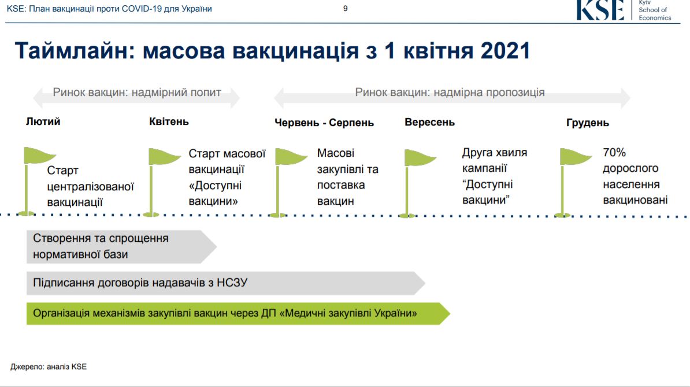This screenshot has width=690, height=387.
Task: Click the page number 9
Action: point(346,8)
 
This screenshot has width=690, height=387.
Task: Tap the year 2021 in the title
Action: point(505,51)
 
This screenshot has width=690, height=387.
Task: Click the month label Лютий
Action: point(43,121)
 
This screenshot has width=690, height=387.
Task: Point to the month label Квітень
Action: point(169,121)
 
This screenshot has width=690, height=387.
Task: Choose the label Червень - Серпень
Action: point(324,123)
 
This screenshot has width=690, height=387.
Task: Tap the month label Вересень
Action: point(429,123)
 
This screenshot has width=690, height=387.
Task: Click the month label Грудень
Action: point(588,123)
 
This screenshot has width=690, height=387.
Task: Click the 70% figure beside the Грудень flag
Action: point(614,153)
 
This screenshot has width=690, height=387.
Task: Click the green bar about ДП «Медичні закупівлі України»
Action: point(238,314)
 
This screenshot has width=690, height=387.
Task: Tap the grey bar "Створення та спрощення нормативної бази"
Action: point(121,246)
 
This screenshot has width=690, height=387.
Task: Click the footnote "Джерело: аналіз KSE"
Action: point(49,367)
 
